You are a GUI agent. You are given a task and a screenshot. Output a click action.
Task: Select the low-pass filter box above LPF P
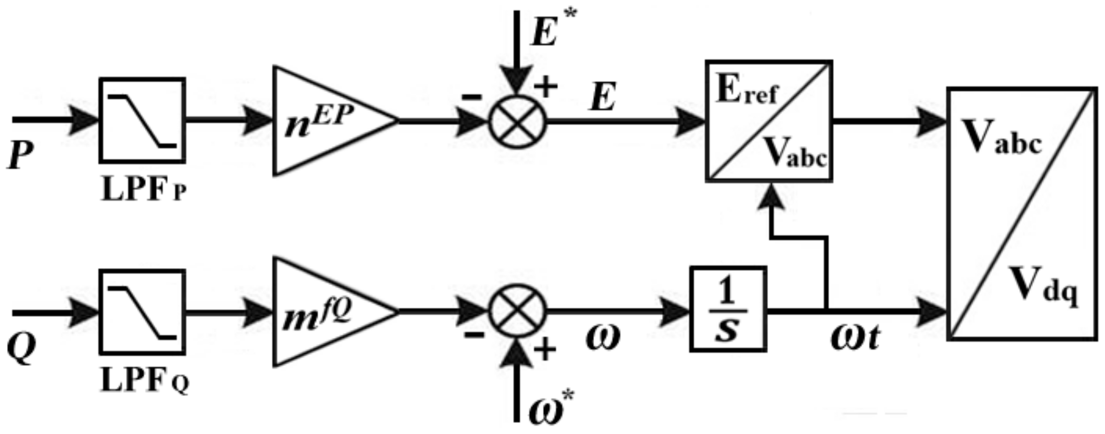(x=142, y=120)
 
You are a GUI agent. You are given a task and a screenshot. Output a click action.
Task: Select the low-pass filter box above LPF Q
(x=142, y=312)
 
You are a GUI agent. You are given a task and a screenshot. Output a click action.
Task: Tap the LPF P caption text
(x=143, y=190)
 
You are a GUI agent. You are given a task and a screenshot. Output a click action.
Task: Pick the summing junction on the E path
(x=517, y=121)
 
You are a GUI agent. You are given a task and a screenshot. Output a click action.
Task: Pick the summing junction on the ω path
(x=517, y=312)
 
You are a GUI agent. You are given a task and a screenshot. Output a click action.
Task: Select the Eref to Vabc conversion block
(x=769, y=121)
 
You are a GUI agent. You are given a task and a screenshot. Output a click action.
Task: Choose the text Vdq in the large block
(x=1043, y=286)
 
